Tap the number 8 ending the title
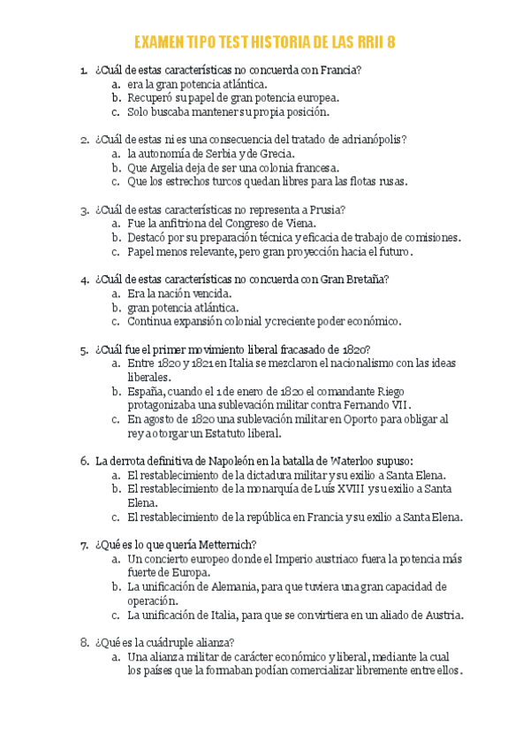point(390,43)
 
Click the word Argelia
point(170,167)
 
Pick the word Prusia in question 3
point(326,210)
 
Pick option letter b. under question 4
point(116,307)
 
